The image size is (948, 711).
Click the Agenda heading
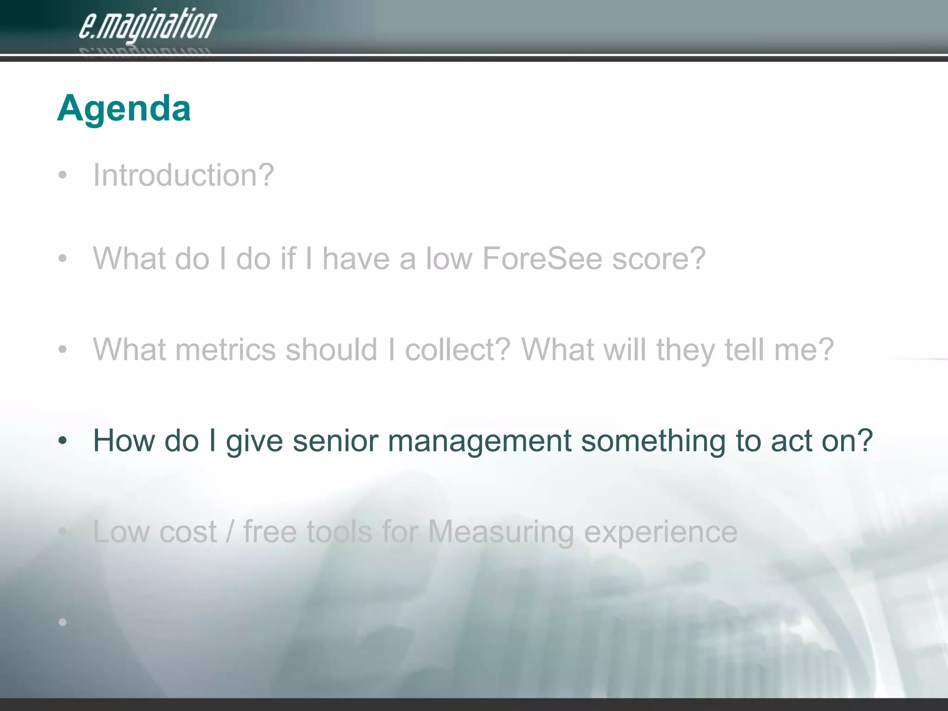(x=124, y=108)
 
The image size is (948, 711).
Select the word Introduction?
(x=183, y=175)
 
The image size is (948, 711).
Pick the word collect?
(x=457, y=349)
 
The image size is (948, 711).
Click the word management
(x=480, y=442)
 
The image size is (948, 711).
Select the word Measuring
(x=501, y=532)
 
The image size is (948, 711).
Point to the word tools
(x=339, y=532)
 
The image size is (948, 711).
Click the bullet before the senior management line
(x=62, y=441)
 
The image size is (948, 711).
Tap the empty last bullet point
(x=62, y=622)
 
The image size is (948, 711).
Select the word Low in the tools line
(x=121, y=532)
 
